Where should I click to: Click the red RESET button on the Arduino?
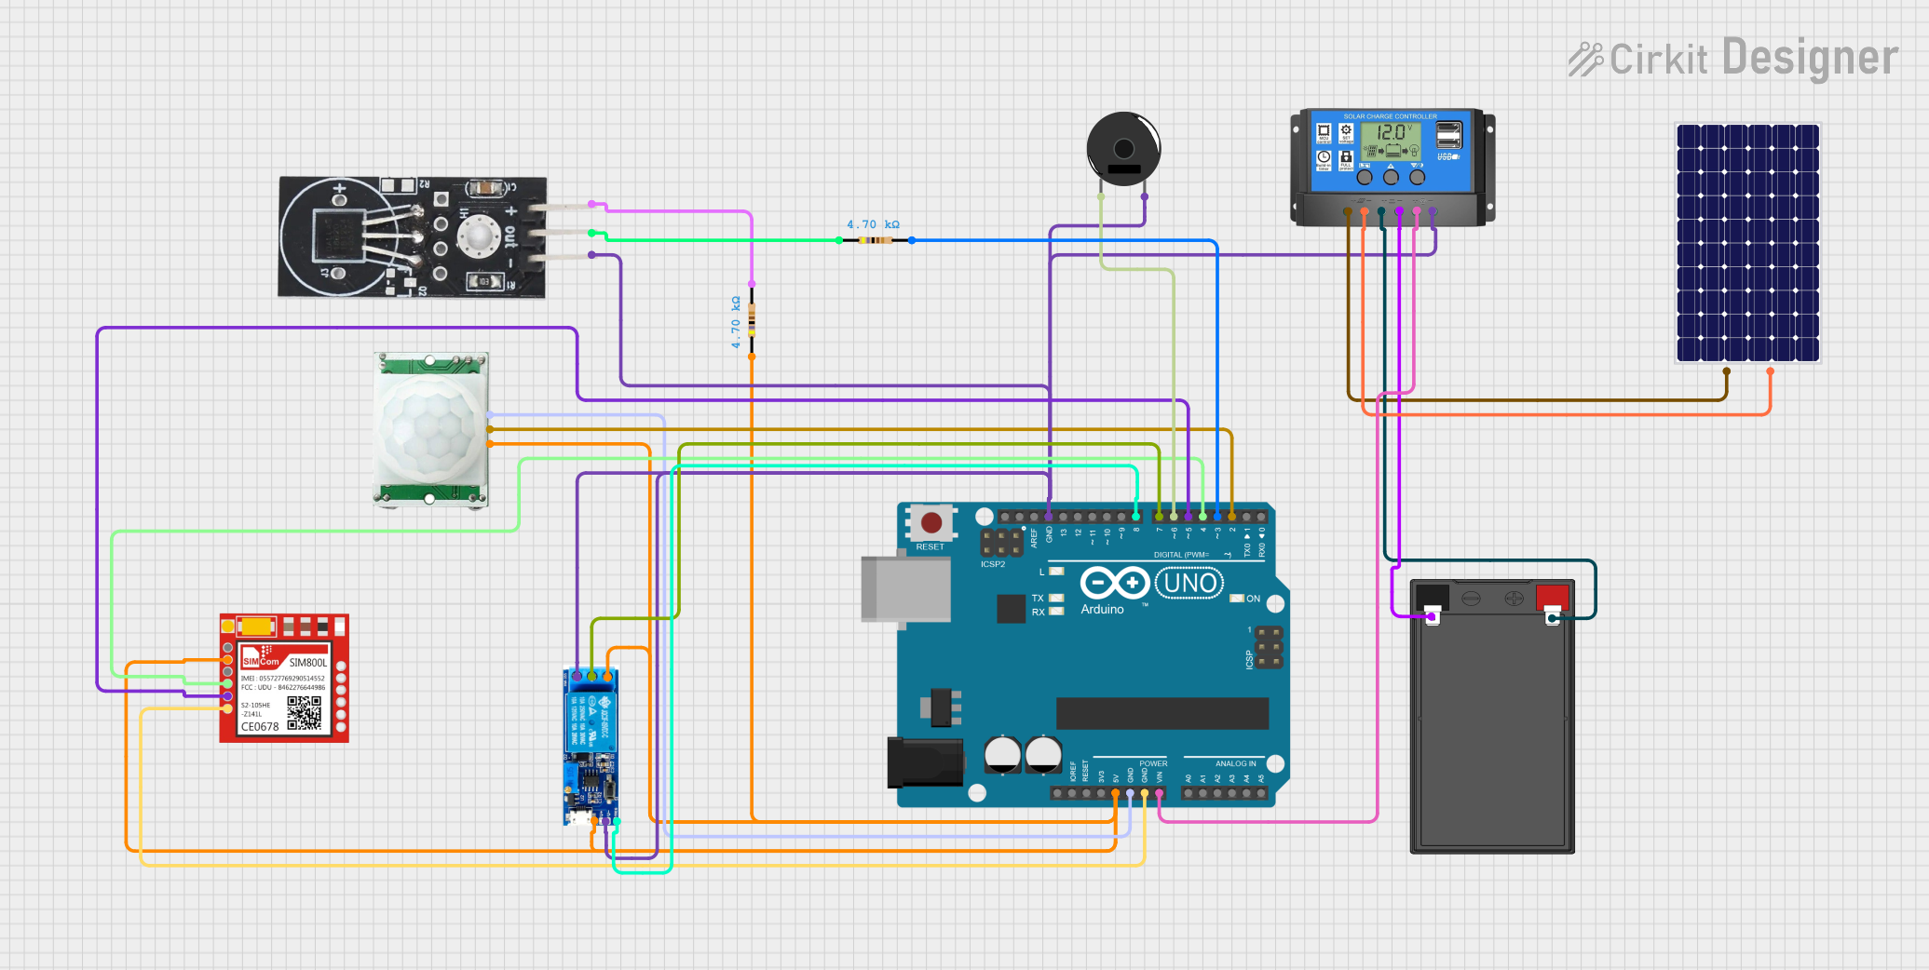[931, 522]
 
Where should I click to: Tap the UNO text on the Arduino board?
[1189, 584]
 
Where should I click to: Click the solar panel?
[1747, 243]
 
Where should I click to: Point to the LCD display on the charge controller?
[1391, 141]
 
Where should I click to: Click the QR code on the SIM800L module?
[304, 712]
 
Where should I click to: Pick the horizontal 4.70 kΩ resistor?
[875, 240]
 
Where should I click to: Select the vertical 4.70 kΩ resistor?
[752, 320]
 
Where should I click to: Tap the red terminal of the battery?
[1552, 596]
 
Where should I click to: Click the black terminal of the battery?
[1432, 597]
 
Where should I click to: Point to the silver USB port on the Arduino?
[904, 588]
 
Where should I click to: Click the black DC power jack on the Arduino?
[923, 762]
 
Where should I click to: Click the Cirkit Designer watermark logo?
[1732, 59]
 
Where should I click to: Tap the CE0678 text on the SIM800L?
[260, 727]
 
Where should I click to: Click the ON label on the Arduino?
[1253, 599]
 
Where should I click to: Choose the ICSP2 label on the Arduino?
[992, 564]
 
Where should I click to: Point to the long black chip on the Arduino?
[1161, 713]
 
